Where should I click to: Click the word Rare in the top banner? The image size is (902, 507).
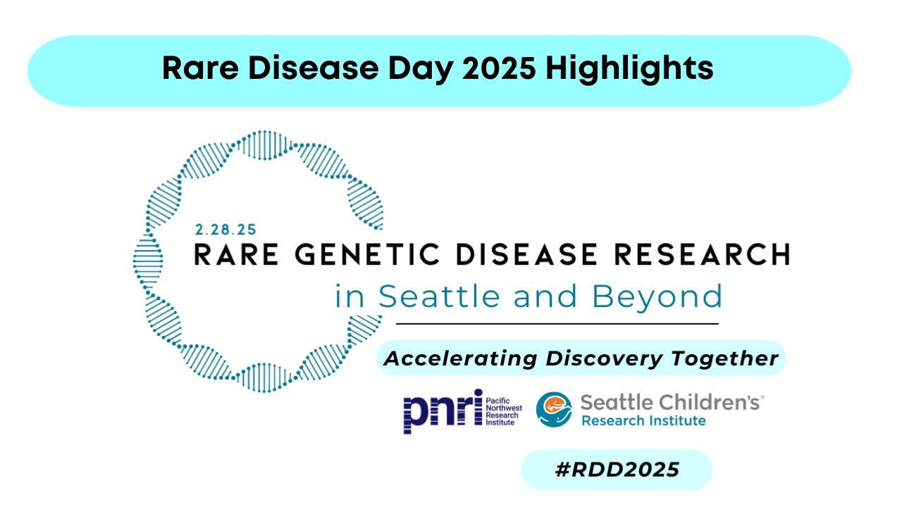tap(195, 69)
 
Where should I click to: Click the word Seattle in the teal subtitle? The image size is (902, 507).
tap(440, 296)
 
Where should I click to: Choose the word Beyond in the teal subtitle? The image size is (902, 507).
tap(657, 296)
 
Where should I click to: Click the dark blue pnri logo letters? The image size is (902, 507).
tap(442, 411)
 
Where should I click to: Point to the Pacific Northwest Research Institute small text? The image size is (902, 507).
tap(503, 411)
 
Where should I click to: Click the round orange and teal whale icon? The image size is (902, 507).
tap(553, 410)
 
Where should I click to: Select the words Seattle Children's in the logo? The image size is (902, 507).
tap(670, 403)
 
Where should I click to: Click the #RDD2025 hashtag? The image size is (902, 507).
tap(617, 470)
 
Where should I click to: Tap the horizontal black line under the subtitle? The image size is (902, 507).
tap(557, 324)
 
